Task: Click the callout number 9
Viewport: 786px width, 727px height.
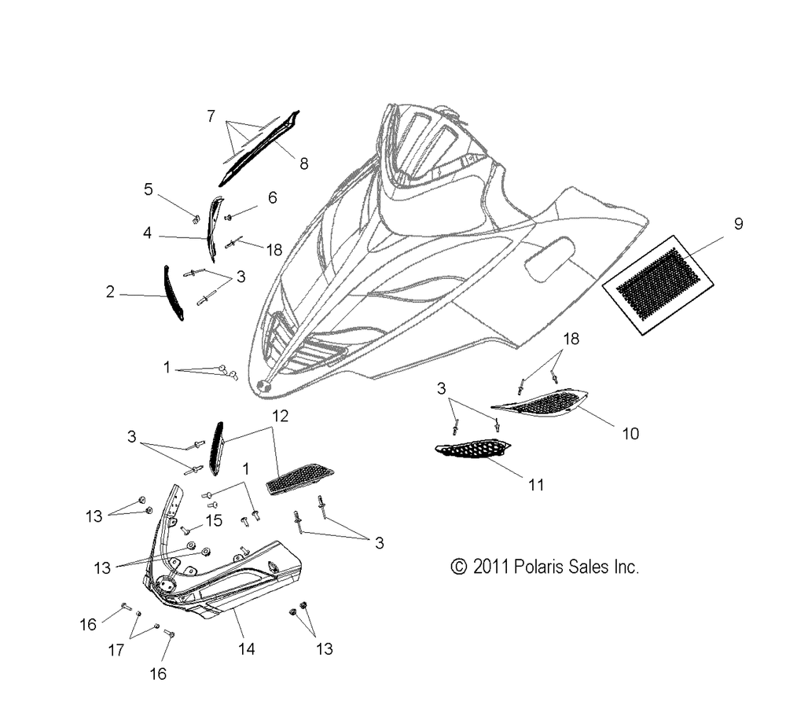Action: click(x=738, y=224)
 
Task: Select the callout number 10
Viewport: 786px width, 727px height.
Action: click(x=630, y=433)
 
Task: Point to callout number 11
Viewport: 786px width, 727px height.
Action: click(x=535, y=485)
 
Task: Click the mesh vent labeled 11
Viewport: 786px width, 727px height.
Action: click(x=472, y=451)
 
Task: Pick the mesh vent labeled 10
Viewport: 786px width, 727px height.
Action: click(x=542, y=402)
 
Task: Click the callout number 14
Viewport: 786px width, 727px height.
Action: click(x=247, y=649)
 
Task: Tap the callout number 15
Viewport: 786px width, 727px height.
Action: click(x=214, y=520)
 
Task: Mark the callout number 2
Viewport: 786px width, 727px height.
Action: click(x=110, y=292)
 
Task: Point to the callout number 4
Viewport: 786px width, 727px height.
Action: click(x=147, y=233)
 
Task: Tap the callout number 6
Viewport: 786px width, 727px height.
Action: click(x=272, y=198)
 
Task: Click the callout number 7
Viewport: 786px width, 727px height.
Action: click(x=211, y=116)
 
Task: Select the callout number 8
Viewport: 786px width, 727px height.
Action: click(x=303, y=163)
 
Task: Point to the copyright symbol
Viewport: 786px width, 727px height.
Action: click(x=458, y=567)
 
